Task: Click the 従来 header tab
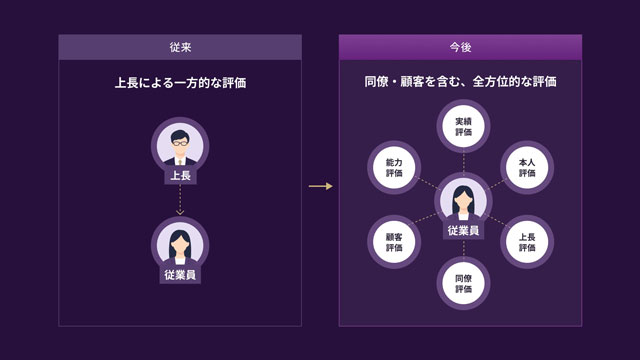coord(180,47)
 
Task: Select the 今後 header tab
coord(460,47)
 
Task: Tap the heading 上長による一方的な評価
coord(180,83)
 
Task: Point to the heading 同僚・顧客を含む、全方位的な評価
coord(460,82)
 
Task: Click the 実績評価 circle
coord(463,127)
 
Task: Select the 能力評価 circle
coord(394,167)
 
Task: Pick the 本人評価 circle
coord(527,167)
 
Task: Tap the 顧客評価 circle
coord(394,242)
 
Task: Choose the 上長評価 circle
coord(527,242)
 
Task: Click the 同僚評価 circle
coord(463,283)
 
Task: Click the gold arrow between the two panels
coord(321,186)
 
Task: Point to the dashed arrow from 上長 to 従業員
coord(180,199)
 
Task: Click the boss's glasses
coord(180,143)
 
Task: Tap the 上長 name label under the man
coord(180,176)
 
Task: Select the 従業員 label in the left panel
coord(180,275)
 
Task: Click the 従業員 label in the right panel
coord(463,231)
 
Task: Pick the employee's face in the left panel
coord(180,245)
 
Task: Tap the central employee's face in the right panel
coord(463,201)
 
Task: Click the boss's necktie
coord(180,162)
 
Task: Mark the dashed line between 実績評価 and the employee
coord(464,162)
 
